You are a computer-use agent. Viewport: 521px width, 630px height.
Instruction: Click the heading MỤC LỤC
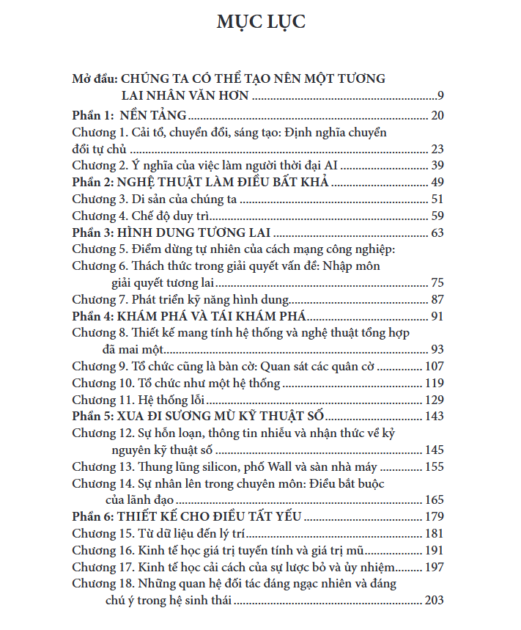pos(261,21)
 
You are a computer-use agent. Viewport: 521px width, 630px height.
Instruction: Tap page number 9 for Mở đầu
pos(440,96)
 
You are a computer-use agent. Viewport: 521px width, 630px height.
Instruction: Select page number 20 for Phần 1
pos(437,114)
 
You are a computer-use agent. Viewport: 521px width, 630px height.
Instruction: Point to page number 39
pos(437,165)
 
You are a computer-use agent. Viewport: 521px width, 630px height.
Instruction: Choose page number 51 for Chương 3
pos(437,199)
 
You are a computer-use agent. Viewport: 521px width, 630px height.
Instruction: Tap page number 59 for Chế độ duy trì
pos(437,216)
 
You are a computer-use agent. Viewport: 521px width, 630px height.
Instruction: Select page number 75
pos(437,283)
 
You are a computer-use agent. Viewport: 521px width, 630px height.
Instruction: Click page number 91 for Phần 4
pos(437,317)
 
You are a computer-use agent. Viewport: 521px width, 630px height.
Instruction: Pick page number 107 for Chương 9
pos(435,367)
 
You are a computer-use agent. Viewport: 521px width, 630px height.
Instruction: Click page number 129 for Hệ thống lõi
pos(435,400)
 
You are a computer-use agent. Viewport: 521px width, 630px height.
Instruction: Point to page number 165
pos(435,501)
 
